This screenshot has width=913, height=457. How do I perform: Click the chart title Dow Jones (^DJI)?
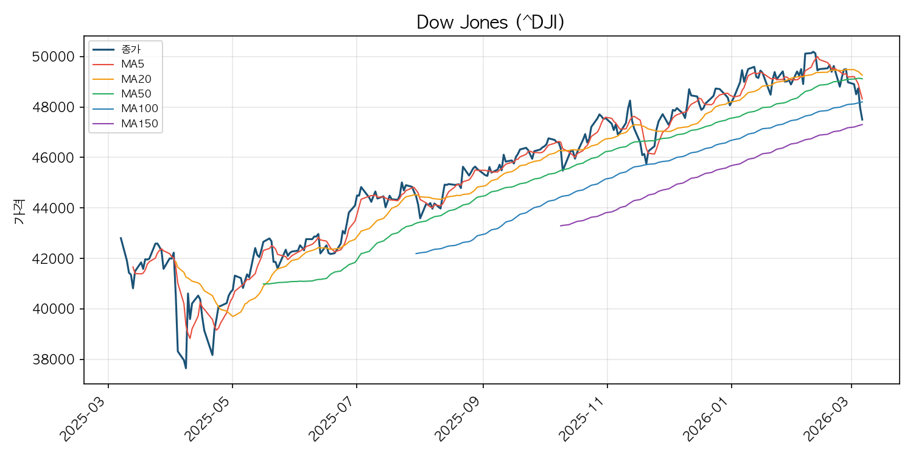click(x=491, y=22)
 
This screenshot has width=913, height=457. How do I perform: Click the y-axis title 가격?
click(x=19, y=211)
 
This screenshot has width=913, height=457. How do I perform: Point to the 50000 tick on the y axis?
click(x=54, y=57)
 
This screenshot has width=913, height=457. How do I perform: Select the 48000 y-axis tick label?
click(x=54, y=107)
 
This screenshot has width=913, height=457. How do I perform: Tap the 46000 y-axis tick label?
click(x=54, y=157)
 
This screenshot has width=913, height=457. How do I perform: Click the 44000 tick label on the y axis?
click(x=54, y=208)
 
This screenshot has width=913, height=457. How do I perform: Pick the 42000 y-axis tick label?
click(x=54, y=259)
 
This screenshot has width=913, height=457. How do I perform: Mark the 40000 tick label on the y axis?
click(x=54, y=309)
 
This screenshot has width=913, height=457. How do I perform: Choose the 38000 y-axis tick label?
click(x=54, y=360)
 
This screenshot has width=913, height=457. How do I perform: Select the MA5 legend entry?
click(x=119, y=64)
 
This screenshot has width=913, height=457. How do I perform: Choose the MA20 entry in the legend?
click(x=122, y=79)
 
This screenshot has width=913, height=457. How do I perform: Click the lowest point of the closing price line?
click(x=186, y=369)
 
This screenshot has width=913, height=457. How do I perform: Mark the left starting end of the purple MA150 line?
click(x=561, y=225)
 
